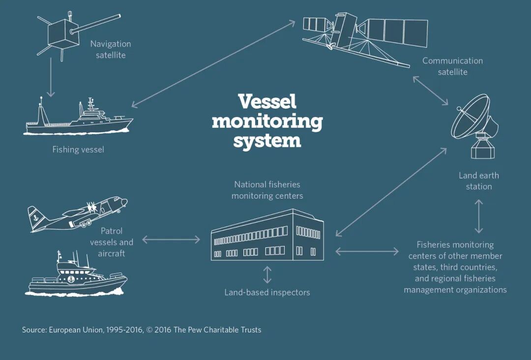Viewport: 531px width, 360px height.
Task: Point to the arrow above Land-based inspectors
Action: pos(267,275)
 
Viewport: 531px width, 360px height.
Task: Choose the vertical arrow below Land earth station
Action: pos(478,216)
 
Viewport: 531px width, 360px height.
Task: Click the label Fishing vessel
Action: pos(78,150)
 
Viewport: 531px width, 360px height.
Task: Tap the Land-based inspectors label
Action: pos(267,292)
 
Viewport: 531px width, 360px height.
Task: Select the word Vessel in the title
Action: pos(267,101)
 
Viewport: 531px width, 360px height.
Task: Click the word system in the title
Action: pos(267,140)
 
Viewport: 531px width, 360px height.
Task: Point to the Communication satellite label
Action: pos(452,66)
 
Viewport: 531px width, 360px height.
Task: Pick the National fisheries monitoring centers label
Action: pos(267,190)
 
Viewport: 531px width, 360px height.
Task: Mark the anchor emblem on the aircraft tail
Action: pos(35,215)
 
